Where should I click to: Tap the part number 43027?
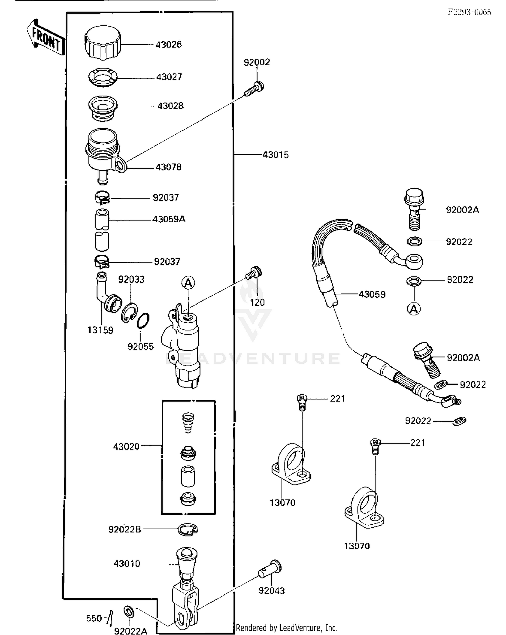click(169, 77)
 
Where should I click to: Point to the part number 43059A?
click(169, 219)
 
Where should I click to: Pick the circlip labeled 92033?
click(129, 312)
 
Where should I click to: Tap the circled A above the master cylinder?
click(188, 282)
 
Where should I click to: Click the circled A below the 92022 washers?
click(414, 309)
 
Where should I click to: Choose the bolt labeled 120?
click(255, 273)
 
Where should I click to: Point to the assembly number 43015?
click(276, 155)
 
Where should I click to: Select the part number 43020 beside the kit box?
click(126, 446)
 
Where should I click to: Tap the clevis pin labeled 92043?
click(271, 570)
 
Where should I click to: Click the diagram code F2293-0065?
click(469, 12)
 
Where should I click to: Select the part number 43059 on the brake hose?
click(372, 294)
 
